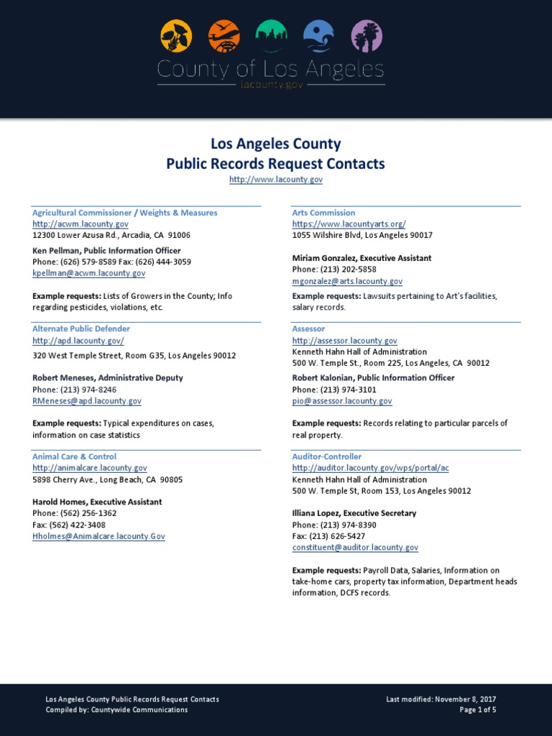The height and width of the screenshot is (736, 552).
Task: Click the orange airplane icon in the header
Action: click(224, 36)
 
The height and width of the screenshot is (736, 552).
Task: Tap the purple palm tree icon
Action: click(367, 36)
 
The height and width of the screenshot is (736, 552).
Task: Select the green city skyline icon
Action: click(271, 36)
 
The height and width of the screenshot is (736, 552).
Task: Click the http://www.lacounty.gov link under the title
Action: click(276, 179)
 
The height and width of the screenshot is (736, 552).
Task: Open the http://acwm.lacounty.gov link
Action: click(80, 224)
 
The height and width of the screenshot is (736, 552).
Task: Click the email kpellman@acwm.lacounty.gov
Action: click(89, 273)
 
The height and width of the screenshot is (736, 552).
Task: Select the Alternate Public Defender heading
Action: click(81, 328)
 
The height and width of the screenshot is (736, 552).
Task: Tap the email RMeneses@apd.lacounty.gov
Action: click(87, 401)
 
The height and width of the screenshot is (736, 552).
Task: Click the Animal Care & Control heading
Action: click(74, 456)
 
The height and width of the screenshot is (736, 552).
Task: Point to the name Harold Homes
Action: click(59, 502)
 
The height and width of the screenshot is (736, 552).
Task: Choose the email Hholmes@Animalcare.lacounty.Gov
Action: click(98, 536)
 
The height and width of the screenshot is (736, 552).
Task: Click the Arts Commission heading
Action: click(323, 213)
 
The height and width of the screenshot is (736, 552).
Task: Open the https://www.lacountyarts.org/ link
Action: click(349, 224)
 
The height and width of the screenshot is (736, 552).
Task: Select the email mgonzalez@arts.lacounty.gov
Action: click(347, 282)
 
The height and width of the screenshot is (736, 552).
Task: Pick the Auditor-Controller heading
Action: click(327, 456)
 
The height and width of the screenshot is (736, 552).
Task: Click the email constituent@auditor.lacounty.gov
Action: click(355, 548)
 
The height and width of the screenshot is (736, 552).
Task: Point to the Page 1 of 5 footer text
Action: click(478, 710)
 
